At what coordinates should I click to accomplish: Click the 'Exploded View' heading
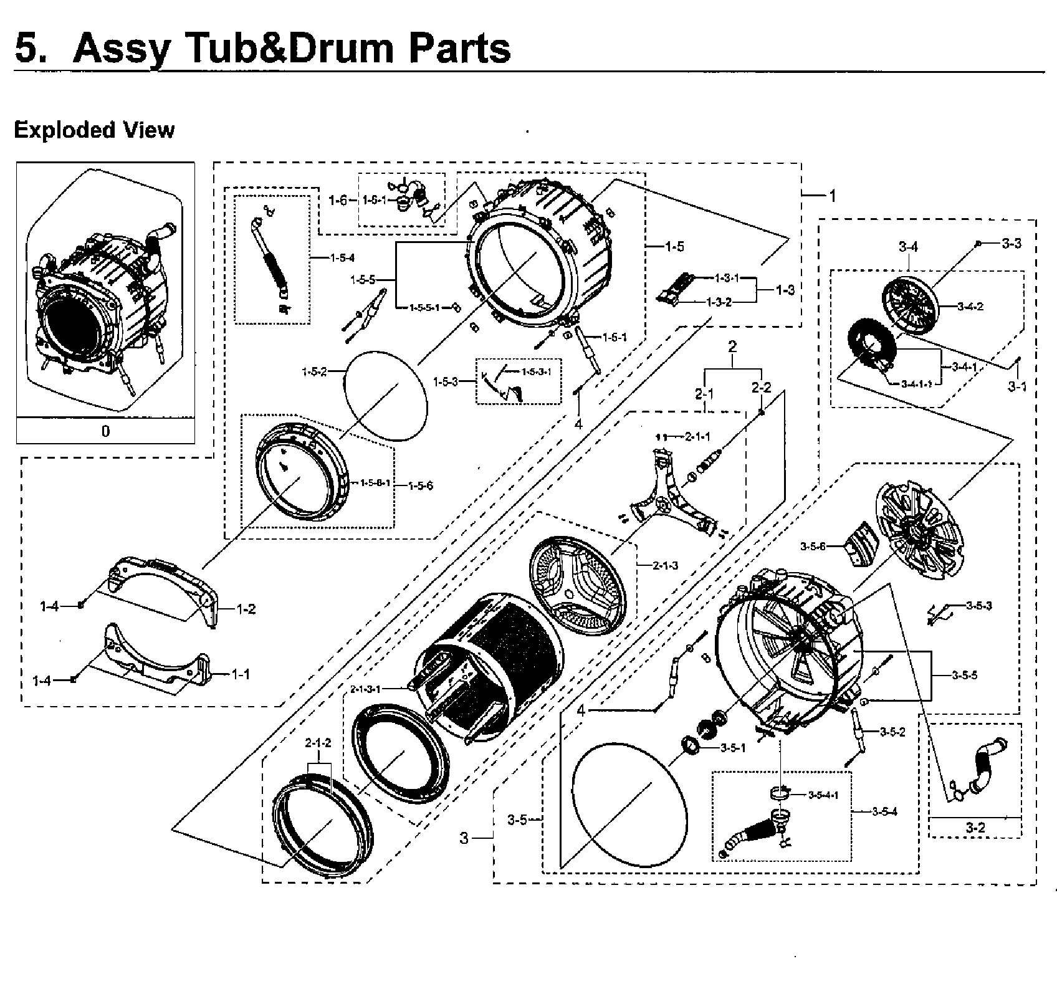(94, 130)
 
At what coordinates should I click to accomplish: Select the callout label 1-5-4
(342, 258)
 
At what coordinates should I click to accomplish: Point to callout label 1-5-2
(314, 372)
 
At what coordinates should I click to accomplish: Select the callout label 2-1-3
(665, 566)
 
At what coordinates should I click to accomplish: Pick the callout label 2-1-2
(318, 743)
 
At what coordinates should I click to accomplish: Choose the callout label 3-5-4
(884, 811)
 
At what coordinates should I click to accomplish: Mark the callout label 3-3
(1012, 243)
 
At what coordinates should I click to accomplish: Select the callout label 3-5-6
(813, 547)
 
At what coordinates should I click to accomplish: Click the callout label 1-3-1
(727, 278)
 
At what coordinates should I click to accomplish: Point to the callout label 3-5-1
(733, 748)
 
